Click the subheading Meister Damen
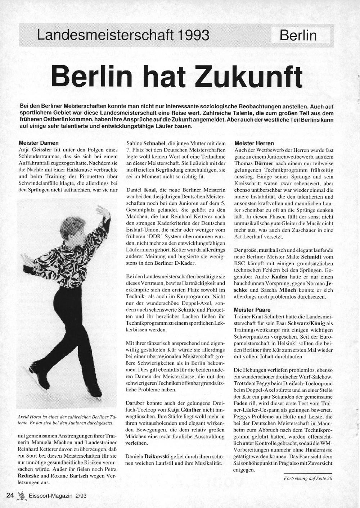(39, 143)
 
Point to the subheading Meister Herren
(254, 143)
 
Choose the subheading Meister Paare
(252, 310)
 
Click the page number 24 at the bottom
(10, 495)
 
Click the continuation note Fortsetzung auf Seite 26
(308, 478)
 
